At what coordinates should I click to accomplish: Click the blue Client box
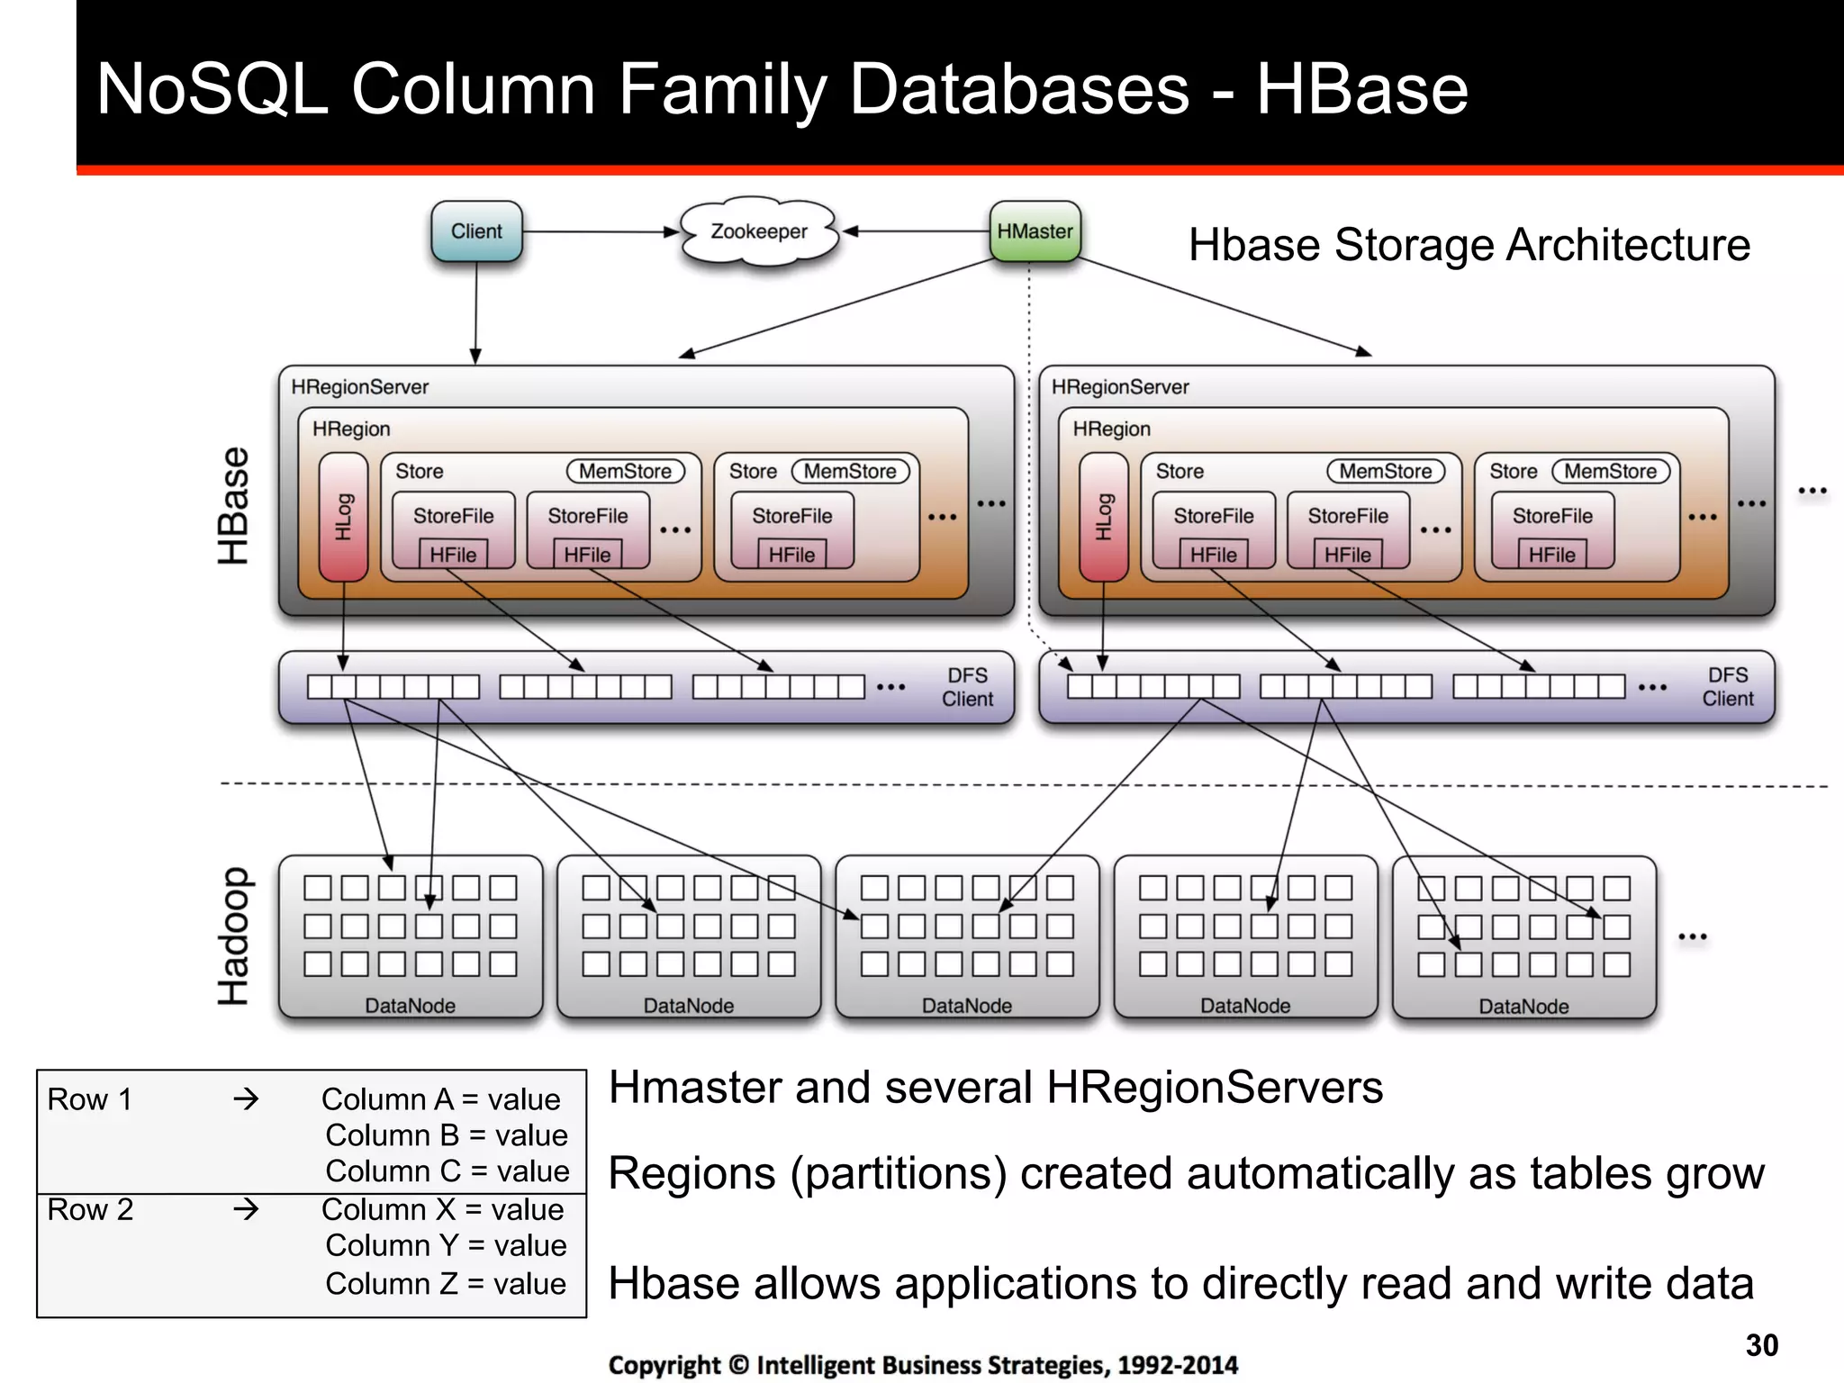tap(476, 231)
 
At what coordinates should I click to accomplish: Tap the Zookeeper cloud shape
tap(759, 232)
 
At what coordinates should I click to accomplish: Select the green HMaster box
tap(1035, 231)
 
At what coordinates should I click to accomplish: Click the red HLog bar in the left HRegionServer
tap(343, 517)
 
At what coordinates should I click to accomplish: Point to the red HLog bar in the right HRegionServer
tap(1103, 517)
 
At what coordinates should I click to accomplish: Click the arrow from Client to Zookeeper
tap(599, 231)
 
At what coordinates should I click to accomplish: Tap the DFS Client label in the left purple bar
tap(967, 687)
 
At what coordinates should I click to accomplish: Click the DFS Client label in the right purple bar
tap(1727, 687)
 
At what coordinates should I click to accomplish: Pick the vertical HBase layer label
tap(233, 506)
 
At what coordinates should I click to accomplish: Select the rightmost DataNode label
tap(1523, 1006)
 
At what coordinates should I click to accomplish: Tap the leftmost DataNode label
tap(410, 1005)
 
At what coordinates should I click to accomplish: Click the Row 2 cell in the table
tap(90, 1209)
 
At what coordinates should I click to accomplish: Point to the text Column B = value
tap(447, 1135)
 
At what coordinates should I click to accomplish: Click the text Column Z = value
tap(446, 1284)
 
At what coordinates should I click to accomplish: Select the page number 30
tap(1761, 1345)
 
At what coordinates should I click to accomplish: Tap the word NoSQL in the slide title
tap(212, 89)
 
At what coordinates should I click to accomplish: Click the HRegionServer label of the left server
tap(359, 387)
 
